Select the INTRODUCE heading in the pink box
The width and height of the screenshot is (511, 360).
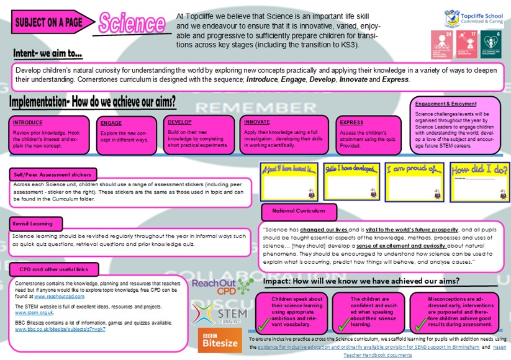[29, 122]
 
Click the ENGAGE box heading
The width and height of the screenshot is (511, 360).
[111, 123]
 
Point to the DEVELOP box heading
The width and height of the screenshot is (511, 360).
[180, 122]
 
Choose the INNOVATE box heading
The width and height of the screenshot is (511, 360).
[258, 122]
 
